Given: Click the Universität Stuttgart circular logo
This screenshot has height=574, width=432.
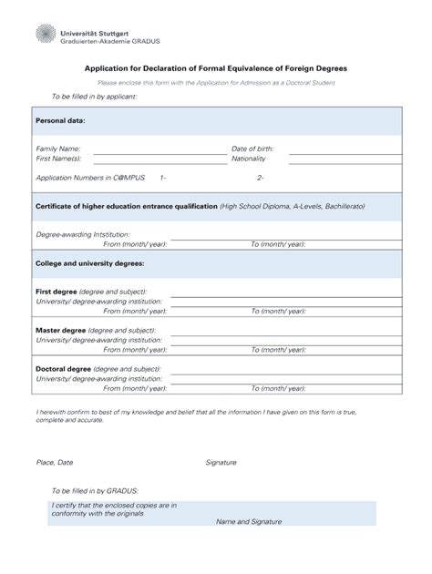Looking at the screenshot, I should coord(45,34).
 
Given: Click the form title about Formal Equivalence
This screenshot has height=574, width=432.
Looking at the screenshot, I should coord(216,68).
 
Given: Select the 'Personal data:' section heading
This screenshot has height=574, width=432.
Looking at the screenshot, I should coord(60,120).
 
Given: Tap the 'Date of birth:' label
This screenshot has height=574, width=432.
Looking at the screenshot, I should coord(252,149).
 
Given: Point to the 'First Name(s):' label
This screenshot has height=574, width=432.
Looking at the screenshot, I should coord(58,159).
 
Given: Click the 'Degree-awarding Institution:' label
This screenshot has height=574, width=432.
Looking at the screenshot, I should coord(83,234).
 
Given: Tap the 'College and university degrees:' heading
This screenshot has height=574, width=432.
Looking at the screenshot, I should coord(89,263).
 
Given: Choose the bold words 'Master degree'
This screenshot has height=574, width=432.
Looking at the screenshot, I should coord(60,330).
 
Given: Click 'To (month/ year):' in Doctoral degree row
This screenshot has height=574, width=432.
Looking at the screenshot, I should coord(278,388).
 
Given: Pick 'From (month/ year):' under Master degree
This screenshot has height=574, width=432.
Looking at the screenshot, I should coord(135,350).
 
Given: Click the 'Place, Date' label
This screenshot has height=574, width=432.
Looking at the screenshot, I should coord(54,462).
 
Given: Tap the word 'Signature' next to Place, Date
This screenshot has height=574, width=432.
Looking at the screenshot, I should coord(221,462).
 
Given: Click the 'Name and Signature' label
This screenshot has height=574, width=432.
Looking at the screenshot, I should coord(249,521).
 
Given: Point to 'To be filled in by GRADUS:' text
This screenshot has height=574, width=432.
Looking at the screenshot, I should coord(95,490).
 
